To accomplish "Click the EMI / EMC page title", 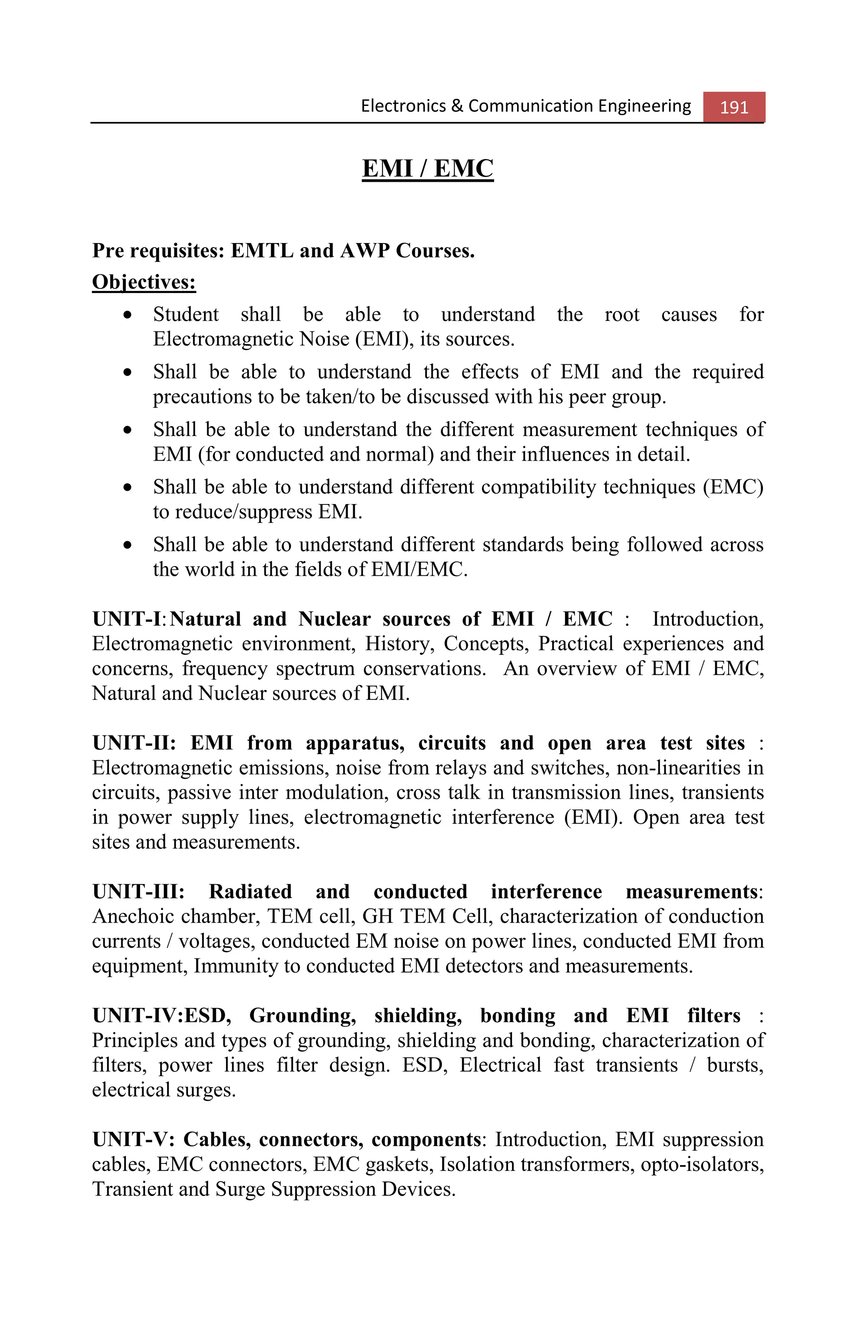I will [x=427, y=168].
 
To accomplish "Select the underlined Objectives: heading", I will [x=144, y=282].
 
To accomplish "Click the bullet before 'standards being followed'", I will [x=128, y=545].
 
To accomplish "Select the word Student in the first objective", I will [x=186, y=314].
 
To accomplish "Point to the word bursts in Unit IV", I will [x=734, y=1065].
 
